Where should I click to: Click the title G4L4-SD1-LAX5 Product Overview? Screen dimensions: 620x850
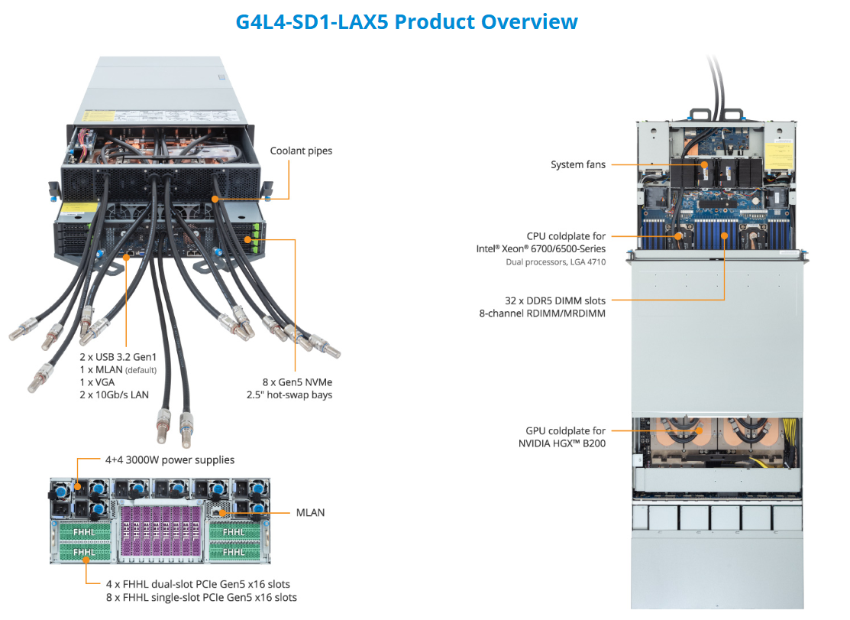click(x=406, y=21)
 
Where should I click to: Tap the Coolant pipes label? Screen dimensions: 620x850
click(x=301, y=151)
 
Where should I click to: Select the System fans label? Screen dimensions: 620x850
click(x=577, y=164)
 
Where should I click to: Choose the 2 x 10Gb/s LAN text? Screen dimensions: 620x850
click(x=114, y=395)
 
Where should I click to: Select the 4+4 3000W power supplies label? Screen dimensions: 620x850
click(x=170, y=460)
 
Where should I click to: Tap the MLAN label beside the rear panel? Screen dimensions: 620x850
click(x=310, y=512)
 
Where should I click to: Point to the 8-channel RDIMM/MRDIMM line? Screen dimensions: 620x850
click(x=554, y=313)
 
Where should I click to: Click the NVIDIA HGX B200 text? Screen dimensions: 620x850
click(x=562, y=443)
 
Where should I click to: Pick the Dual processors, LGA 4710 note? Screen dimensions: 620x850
click(x=555, y=262)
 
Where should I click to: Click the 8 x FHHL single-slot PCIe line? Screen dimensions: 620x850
click(x=201, y=597)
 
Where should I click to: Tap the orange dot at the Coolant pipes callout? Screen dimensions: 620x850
click(x=216, y=199)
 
